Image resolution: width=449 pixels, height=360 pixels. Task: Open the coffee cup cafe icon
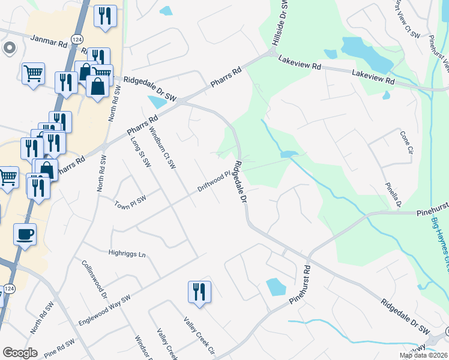pyautogui.click(x=25, y=235)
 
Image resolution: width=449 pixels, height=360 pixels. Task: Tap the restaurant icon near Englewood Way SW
pyautogui.click(x=199, y=292)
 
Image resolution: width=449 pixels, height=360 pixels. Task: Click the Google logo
pyautogui.click(x=20, y=353)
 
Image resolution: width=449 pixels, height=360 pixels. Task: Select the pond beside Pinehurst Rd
pyautogui.click(x=276, y=287)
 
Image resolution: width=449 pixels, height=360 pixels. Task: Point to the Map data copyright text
pyautogui.click(x=423, y=355)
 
